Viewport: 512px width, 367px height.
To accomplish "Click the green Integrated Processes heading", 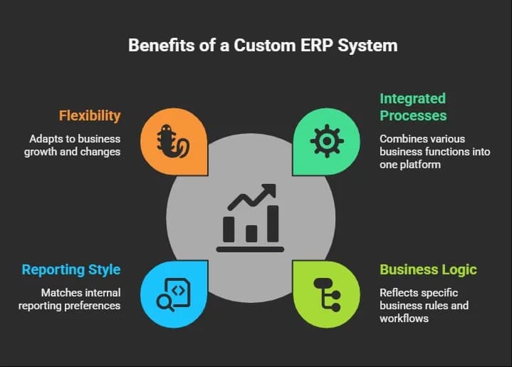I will [413, 107].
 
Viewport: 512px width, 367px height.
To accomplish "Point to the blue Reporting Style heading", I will [71, 269].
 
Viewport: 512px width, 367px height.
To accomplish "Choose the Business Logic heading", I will [428, 269].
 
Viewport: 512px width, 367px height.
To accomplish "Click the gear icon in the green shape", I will [326, 140].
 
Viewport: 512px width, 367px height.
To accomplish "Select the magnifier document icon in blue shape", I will [174, 294].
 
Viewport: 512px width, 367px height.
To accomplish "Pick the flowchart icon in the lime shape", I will [326, 294].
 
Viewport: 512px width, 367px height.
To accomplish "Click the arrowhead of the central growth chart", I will [268, 190].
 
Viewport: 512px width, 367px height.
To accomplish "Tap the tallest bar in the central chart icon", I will [273, 223].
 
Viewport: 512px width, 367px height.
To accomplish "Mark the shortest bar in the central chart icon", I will [251, 233].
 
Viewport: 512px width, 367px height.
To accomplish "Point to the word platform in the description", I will [421, 165].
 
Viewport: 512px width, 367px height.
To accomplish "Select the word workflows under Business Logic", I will [404, 319].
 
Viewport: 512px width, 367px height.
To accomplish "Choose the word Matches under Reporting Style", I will [61, 293].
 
